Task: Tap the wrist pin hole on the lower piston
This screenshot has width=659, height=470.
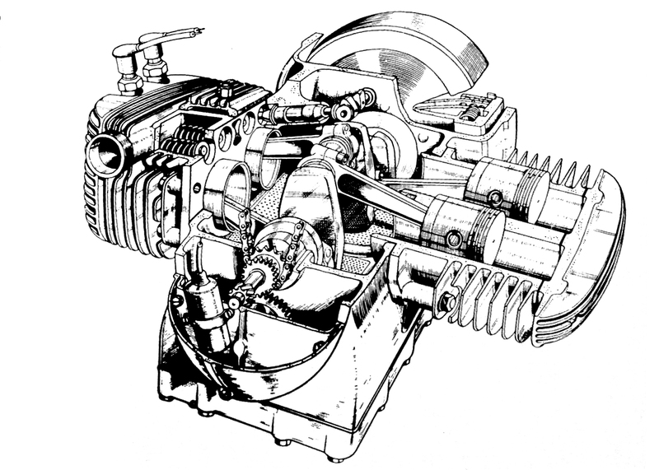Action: click(x=451, y=240)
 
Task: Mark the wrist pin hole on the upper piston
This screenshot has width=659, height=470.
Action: click(x=495, y=197)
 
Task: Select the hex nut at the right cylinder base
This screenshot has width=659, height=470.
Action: click(x=446, y=302)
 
